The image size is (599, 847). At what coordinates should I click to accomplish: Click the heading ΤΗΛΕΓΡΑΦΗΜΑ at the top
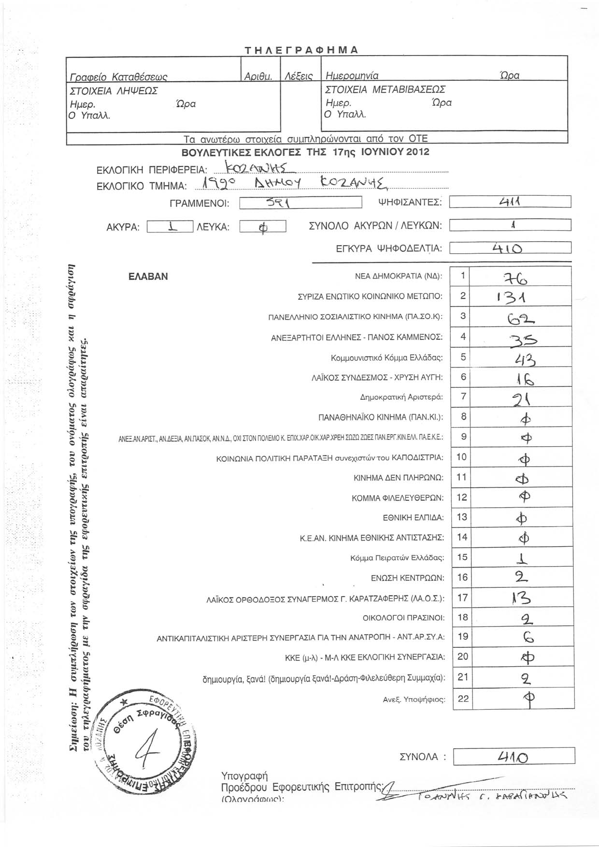click(301, 50)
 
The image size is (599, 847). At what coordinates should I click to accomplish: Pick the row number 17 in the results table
click(462, 598)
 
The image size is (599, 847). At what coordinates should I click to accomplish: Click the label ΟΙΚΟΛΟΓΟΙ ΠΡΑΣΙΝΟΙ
click(403, 618)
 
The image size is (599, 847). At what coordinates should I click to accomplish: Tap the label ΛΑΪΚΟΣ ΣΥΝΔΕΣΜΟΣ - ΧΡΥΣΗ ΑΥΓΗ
click(377, 377)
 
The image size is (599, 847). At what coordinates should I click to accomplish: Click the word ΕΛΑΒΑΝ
click(148, 277)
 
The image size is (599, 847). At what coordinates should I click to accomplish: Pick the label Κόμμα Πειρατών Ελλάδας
click(397, 558)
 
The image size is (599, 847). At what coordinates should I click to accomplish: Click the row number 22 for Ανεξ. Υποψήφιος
click(463, 699)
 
